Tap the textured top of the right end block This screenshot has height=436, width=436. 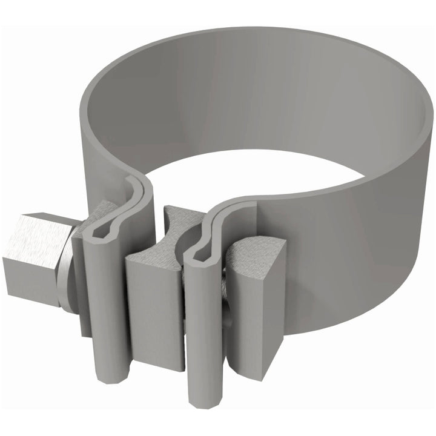point(254,254)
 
